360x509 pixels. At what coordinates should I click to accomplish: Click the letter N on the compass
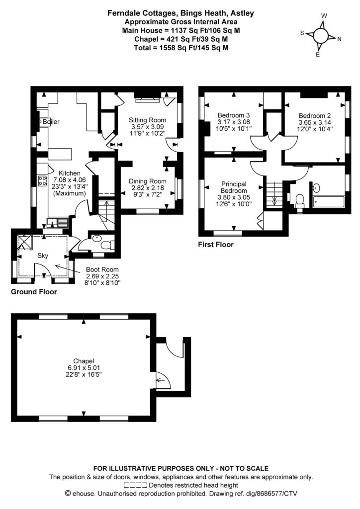point(340,39)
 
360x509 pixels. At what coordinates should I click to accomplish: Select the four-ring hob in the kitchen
point(43,181)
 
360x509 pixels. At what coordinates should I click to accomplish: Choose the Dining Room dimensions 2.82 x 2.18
point(147,188)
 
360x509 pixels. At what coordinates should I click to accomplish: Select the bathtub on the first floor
point(328,202)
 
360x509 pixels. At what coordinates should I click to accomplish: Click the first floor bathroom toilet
point(299,200)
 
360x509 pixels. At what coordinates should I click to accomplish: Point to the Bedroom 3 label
point(233,115)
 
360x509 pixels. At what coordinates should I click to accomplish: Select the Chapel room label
point(84,361)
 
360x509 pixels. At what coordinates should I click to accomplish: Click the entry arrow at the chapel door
point(161,382)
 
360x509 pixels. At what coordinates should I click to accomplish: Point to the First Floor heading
point(216,245)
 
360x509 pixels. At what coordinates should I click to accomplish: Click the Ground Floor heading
point(34,292)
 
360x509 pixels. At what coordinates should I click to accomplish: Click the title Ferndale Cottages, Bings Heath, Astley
point(180,14)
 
